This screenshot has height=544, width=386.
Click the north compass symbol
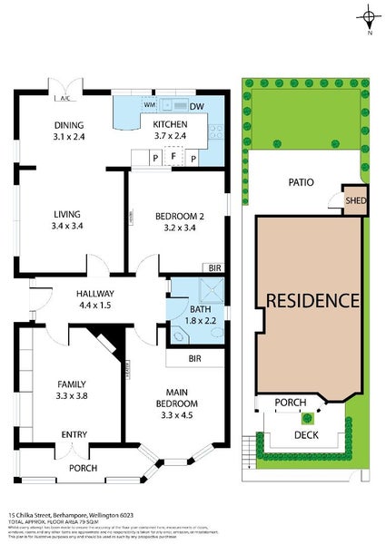(369, 16)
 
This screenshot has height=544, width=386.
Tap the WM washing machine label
(149, 106)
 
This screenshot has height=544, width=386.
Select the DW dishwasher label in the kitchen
(196, 106)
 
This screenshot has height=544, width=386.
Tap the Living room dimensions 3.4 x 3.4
(68, 226)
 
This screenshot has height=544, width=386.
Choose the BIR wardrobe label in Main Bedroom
(194, 359)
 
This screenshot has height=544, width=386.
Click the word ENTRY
(74, 435)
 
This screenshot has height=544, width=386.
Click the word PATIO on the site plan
(301, 182)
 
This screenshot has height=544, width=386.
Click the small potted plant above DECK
(308, 418)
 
